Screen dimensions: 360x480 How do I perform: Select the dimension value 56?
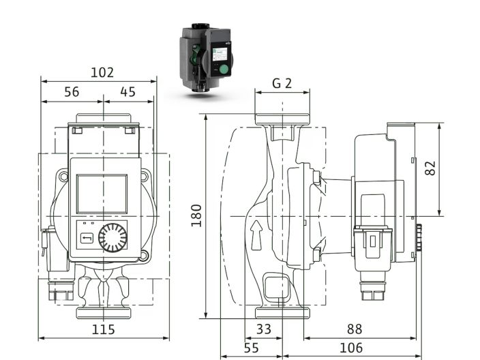click(71, 92)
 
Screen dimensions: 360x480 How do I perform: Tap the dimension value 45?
click(127, 92)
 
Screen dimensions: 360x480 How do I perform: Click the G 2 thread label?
click(282, 83)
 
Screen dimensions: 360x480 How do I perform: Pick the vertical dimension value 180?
click(196, 215)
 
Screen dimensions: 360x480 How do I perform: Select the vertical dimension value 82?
click(430, 168)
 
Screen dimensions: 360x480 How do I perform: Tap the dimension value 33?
click(263, 329)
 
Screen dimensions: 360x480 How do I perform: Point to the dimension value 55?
click(250, 348)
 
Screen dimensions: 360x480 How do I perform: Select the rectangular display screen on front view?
click(101, 193)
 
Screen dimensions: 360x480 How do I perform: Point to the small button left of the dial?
click(87, 238)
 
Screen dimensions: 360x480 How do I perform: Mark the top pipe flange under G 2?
click(282, 119)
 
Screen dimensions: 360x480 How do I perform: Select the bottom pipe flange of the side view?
click(282, 313)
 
